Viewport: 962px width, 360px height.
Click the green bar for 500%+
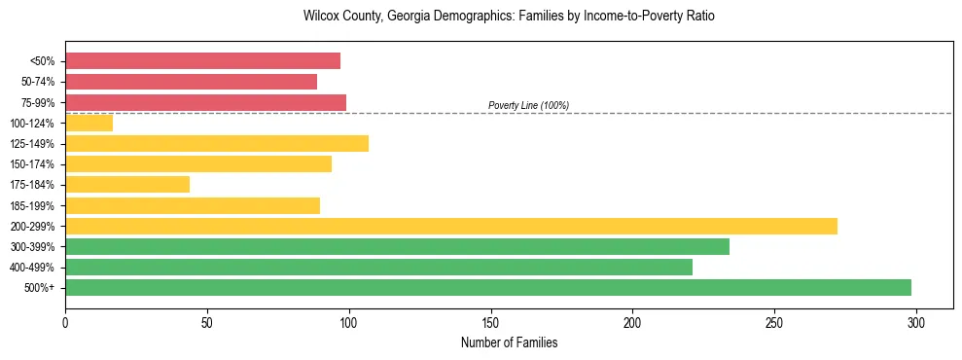(488, 287)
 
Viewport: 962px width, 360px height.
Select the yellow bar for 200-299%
(451, 226)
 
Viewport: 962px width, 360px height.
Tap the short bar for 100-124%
(89, 123)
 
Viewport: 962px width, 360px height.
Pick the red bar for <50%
(202, 61)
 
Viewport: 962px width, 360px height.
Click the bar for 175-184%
(127, 184)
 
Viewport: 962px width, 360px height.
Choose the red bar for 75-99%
(205, 102)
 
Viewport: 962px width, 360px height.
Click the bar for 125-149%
(217, 143)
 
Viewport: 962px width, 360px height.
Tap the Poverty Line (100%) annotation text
(528, 105)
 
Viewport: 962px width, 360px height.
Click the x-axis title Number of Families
(509, 343)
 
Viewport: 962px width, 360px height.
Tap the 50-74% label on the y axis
(38, 82)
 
